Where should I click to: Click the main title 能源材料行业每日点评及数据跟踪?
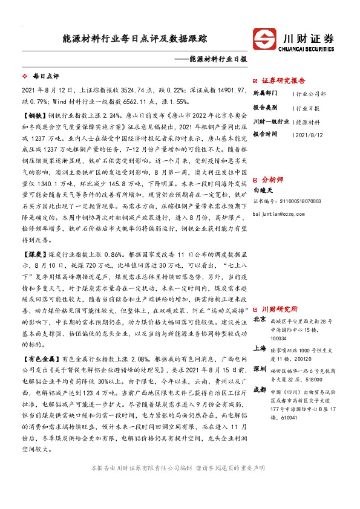(135, 39)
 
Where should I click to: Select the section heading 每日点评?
(45, 77)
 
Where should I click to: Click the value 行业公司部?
(312, 94)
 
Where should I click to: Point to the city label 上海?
(260, 348)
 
